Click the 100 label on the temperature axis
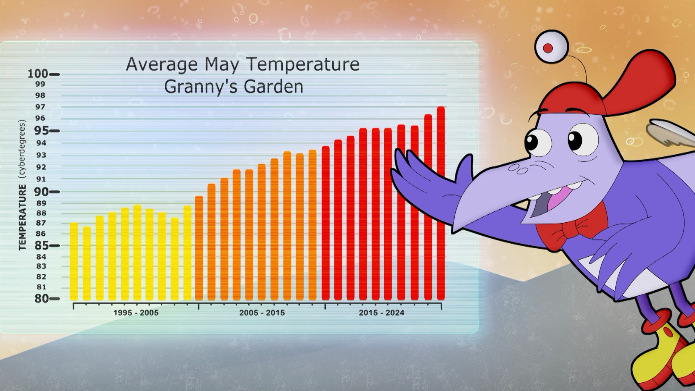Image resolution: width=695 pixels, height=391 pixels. click(38, 74)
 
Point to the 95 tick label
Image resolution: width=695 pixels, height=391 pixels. click(42, 130)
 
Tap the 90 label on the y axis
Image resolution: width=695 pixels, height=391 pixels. click(42, 192)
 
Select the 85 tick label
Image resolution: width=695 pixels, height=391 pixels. click(42, 245)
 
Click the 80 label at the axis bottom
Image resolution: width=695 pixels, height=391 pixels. click(42, 298)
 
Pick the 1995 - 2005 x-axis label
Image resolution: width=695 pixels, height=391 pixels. click(136, 313)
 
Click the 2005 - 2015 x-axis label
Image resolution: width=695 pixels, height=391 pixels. click(262, 313)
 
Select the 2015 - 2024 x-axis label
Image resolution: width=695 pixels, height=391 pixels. click(382, 313)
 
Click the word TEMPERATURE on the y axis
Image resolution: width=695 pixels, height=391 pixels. click(23, 217)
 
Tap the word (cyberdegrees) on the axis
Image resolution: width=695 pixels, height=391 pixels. click(22, 149)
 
